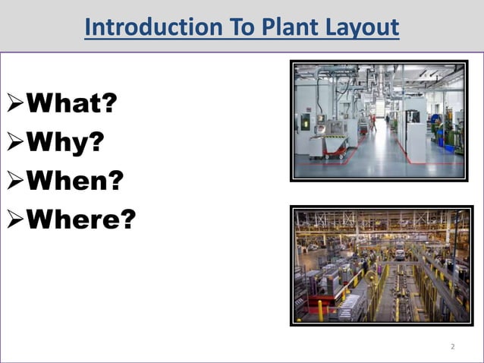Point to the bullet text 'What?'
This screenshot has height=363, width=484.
[72, 103]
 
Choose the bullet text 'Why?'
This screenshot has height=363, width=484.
[65, 141]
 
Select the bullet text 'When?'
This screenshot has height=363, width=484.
[74, 181]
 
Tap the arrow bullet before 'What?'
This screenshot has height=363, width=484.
[15, 103]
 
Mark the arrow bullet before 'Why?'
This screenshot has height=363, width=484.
[15, 142]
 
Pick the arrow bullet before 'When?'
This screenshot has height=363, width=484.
[15, 181]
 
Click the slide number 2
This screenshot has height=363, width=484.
[453, 346]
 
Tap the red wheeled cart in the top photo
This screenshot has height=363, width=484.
[329, 145]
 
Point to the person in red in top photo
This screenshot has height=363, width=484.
[372, 121]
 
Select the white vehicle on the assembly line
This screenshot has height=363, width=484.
[399, 253]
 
